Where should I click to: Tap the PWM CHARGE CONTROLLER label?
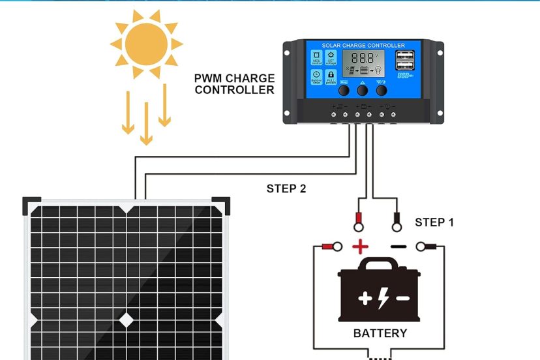tap(234, 84)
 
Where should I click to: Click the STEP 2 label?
tap(286, 189)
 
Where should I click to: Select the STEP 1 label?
tap(434, 222)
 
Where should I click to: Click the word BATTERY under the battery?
tap(380, 333)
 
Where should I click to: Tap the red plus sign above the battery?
tap(360, 247)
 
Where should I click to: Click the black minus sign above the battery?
tap(399, 247)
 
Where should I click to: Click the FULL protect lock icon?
tap(331, 76)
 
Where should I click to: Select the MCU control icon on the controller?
tap(316, 57)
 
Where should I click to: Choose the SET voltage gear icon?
tap(331, 57)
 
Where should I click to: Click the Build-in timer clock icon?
tap(316, 76)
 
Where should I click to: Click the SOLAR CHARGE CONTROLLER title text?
tap(363, 46)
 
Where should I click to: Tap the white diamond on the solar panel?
tap(125, 320)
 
